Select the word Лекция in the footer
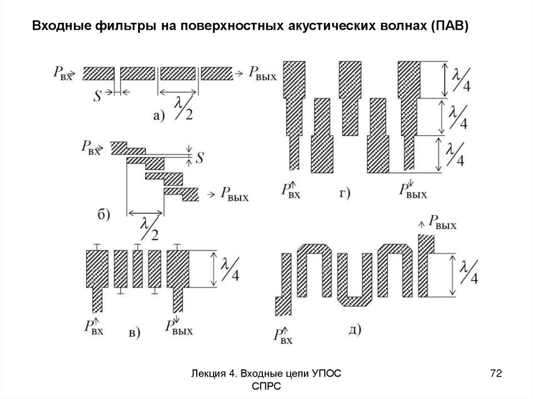208,374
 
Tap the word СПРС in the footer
265,387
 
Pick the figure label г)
345,195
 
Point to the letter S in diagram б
198,155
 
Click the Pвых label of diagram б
234,196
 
